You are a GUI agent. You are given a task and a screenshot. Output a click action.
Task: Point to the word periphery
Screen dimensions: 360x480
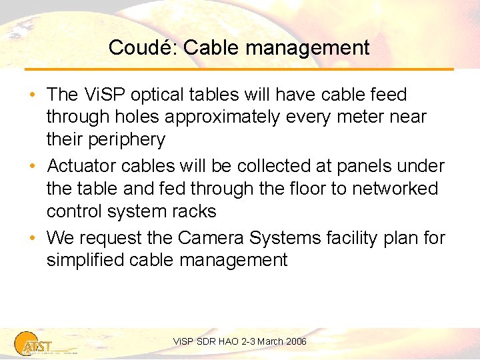pyautogui.click(x=127, y=140)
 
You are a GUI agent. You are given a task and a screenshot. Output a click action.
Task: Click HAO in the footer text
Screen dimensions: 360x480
pyautogui.click(x=225, y=341)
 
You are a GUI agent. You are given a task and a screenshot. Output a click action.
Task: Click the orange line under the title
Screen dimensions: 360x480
pyautogui.click(x=240, y=69)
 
